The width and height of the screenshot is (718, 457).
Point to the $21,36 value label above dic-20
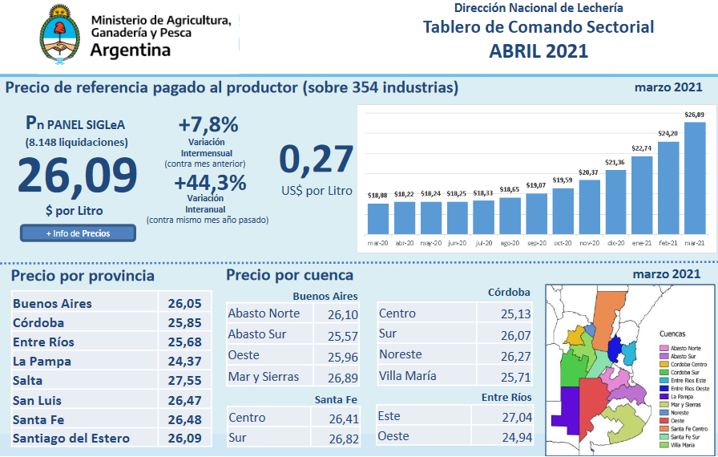[x=615, y=163]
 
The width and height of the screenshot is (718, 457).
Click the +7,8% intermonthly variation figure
[x=208, y=125]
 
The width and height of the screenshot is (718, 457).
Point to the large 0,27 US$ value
[x=316, y=159]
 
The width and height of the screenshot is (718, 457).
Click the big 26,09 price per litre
[x=77, y=176]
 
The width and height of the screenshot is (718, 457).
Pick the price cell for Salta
[x=184, y=381]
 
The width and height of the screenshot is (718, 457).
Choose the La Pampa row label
[x=42, y=362]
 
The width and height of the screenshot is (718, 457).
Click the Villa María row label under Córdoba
[x=407, y=375]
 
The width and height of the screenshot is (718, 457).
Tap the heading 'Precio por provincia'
[x=83, y=276]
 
